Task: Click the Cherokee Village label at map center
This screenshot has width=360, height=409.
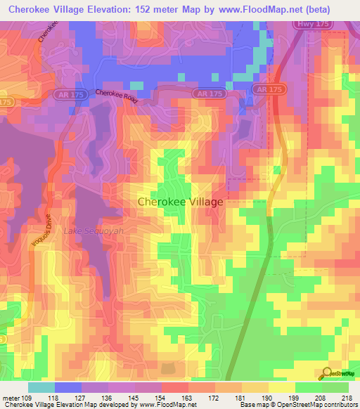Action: point(180,202)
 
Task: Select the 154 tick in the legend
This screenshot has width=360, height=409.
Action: point(162,397)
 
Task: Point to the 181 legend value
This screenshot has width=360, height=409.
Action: point(240,397)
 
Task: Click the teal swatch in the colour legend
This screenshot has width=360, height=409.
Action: point(41,387)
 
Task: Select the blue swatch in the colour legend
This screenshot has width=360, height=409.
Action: point(67,387)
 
